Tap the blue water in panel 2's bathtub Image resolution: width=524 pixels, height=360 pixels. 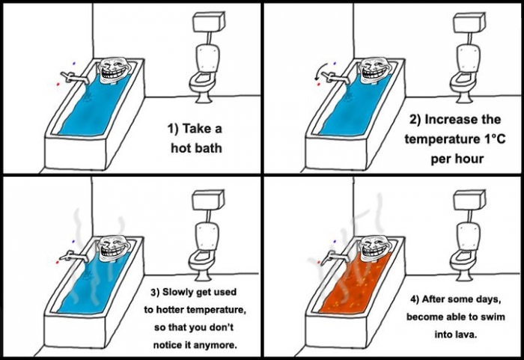pos(348,112)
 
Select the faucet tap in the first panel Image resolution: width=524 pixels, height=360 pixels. pos(71,75)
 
